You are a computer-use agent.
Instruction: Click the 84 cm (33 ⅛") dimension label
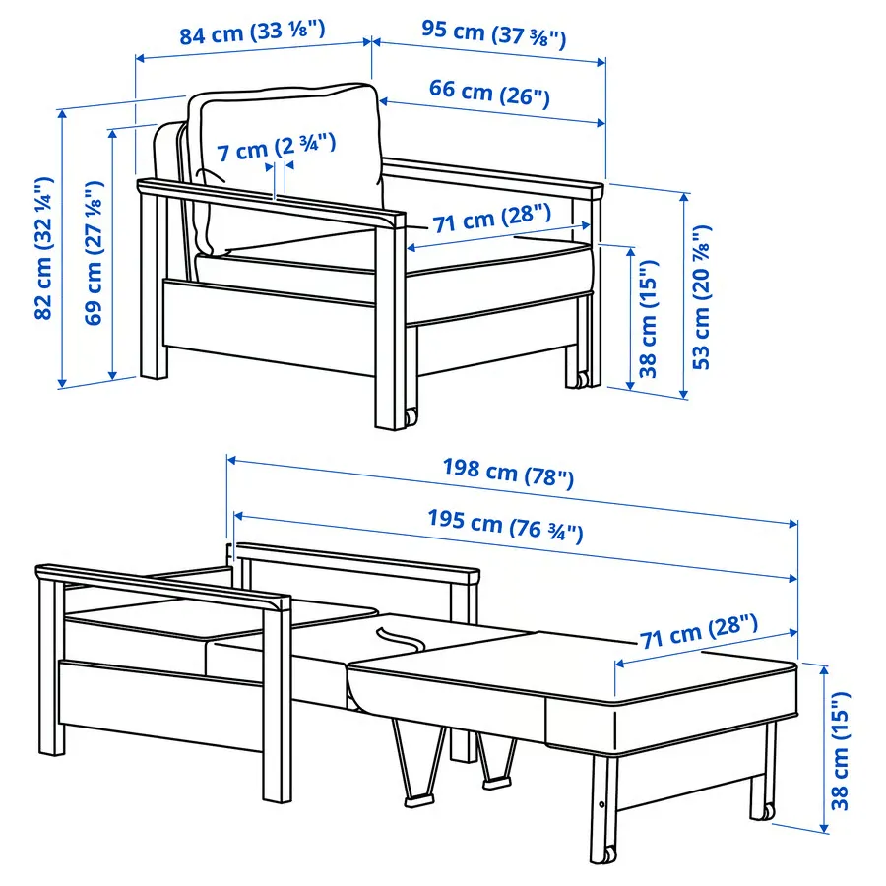[253, 32]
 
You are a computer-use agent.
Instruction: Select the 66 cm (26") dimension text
[489, 93]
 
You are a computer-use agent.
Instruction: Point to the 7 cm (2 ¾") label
[277, 148]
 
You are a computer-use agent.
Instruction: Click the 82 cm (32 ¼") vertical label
[44, 249]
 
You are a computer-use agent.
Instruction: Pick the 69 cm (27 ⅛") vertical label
[94, 253]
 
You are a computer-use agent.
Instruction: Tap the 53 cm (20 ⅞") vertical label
[701, 297]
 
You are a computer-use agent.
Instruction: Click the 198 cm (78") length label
[508, 473]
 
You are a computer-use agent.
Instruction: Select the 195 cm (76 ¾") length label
[505, 525]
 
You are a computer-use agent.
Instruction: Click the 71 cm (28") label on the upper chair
[491, 219]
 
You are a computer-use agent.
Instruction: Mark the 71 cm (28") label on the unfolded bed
[698, 632]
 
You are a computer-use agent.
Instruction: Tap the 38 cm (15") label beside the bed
[840, 750]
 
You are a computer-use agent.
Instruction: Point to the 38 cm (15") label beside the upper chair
[648, 319]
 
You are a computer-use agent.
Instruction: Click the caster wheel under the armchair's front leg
[411, 417]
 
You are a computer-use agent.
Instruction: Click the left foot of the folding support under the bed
[418, 801]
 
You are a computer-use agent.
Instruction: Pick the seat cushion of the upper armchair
[396, 266]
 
